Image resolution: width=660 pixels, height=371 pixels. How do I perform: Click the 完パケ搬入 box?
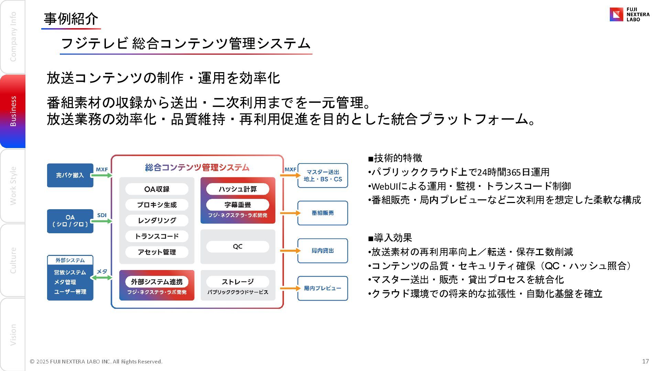(70, 175)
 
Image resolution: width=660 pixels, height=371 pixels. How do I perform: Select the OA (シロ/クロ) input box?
(70, 221)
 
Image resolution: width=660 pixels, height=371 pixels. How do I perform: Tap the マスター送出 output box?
(322, 176)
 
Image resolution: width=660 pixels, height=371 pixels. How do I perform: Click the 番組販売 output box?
(322, 213)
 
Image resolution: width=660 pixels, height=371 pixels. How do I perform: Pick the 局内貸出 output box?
(322, 251)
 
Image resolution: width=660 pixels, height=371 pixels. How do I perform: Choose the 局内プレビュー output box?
(322, 288)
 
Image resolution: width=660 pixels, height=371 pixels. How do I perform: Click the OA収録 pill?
(157, 189)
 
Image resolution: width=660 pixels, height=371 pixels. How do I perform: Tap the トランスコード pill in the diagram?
(157, 236)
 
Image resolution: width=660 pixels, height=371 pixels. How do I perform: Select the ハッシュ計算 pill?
(238, 189)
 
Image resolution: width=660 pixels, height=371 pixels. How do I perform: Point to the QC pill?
(238, 247)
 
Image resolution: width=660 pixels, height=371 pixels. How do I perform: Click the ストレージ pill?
(238, 282)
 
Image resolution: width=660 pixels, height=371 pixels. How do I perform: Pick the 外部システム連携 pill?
(157, 282)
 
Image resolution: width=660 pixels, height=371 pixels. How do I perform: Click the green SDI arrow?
(102, 221)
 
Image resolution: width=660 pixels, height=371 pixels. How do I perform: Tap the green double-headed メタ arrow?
(102, 278)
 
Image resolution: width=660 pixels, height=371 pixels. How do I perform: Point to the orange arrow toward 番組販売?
(290, 213)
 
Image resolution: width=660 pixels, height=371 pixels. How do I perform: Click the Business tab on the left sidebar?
(13, 111)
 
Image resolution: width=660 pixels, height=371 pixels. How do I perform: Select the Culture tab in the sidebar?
(13, 260)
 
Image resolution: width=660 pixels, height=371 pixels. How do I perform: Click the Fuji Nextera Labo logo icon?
(616, 14)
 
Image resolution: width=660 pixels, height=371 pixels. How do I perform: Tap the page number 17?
(645, 361)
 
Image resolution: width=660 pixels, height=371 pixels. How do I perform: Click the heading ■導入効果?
(390, 238)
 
